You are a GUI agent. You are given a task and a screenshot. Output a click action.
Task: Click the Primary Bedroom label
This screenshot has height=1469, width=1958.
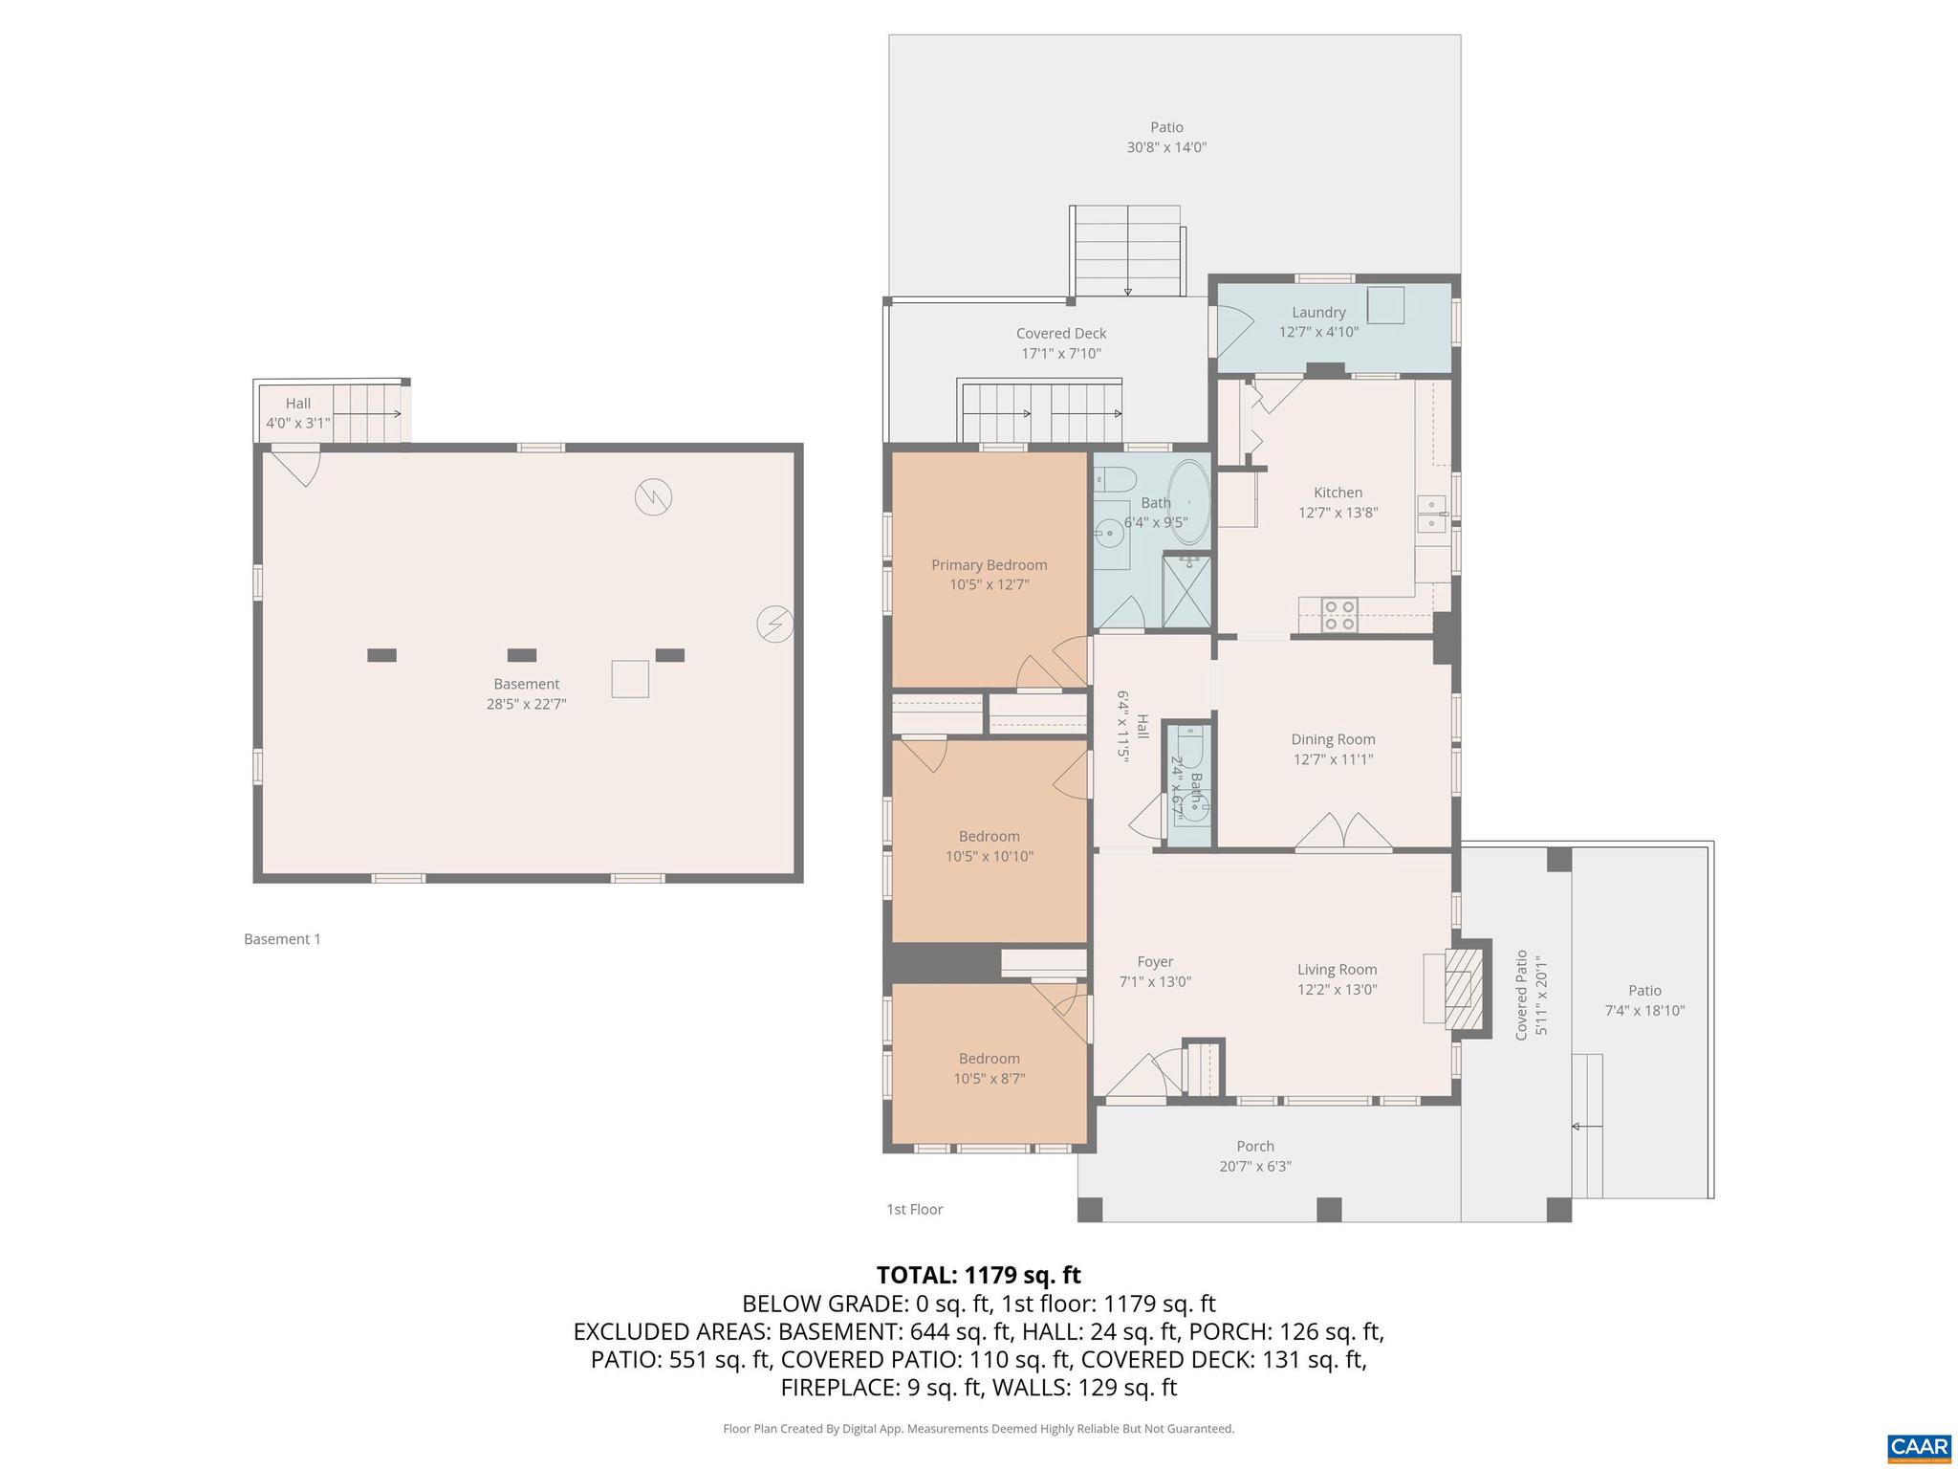pos(989,565)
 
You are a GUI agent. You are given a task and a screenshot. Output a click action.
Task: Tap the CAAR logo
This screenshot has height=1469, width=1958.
pos(1919,1447)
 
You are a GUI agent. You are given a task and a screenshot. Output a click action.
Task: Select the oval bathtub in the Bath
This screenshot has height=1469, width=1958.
pos(1188,502)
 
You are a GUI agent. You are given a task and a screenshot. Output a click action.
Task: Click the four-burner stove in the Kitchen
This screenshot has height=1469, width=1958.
pos(1338,614)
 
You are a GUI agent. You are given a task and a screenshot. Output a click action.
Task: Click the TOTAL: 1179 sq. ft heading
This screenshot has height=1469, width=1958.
pos(978,1275)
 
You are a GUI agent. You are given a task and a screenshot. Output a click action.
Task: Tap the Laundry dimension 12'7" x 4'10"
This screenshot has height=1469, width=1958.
pos(1318,332)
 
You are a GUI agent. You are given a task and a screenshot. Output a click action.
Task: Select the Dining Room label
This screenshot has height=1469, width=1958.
pos(1333,739)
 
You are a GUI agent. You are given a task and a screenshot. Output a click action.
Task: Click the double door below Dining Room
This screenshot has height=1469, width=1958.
pos(1343,832)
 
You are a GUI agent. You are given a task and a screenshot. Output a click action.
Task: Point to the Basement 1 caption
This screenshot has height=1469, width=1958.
pos(282,939)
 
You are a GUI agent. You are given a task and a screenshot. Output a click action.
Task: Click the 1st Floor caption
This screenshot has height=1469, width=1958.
pos(914,1209)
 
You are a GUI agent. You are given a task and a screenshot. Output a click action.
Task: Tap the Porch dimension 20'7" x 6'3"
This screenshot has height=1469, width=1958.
pos(1254,1166)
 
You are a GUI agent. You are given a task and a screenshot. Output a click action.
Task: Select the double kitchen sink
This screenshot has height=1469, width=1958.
pos(1431,513)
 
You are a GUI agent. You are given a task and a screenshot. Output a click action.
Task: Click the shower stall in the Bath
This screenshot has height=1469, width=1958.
pos(1186,591)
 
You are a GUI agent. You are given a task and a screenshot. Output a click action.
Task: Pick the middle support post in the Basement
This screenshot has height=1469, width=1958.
pos(521,655)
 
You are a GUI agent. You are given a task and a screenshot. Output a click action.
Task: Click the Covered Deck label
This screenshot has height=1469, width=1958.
pos(1060,333)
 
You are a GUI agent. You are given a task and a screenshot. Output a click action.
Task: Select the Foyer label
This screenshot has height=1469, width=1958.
pos(1155,961)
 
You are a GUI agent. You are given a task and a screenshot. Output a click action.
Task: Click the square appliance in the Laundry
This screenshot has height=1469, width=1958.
pos(1384,305)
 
